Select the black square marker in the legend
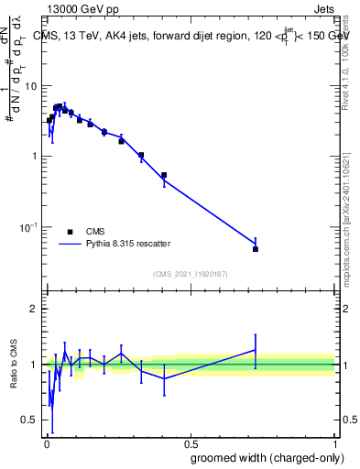pos(70,232)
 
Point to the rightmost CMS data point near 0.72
pos(256,249)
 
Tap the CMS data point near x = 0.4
pos(164,175)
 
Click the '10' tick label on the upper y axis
pos(30,86)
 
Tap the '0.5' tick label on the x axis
pos(191,442)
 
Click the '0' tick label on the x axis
pos(46,442)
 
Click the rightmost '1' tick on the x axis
pos(335,442)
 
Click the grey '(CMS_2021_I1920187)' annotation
pos(190,274)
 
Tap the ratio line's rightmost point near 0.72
pos(256,349)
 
